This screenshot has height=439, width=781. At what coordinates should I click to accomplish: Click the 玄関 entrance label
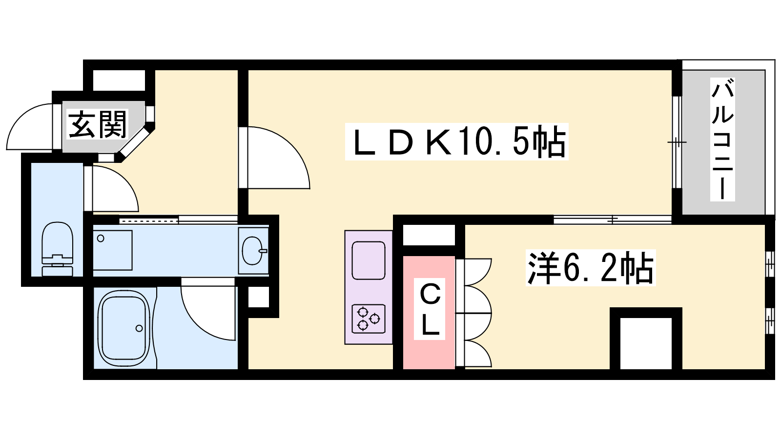(98, 124)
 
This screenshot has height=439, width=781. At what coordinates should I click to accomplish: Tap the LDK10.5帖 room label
(457, 142)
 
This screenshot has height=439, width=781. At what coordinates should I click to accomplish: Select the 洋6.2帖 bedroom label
(590, 268)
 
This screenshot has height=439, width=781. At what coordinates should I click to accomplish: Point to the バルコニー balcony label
(722, 139)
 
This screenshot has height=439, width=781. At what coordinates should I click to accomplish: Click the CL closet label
(430, 310)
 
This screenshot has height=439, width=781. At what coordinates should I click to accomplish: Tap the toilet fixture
(57, 249)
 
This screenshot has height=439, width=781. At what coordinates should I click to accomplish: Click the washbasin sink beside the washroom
(253, 250)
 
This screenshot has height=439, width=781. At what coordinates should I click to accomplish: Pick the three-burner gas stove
(369, 319)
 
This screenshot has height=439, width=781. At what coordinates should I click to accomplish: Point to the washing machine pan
(112, 250)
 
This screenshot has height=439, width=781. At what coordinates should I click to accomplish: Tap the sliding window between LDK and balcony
(677, 142)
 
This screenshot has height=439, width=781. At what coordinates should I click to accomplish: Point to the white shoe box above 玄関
(119, 80)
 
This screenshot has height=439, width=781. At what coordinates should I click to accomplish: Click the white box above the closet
(429, 236)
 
